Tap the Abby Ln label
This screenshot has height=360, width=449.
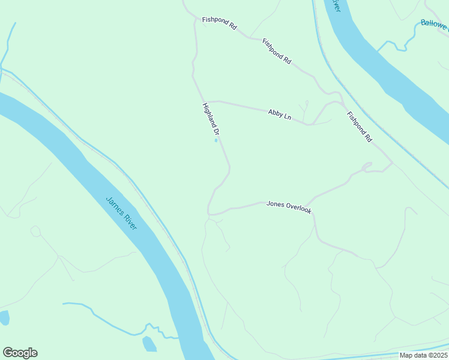pyautogui.click(x=280, y=115)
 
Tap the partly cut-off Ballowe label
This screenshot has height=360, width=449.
pyautogui.click(x=434, y=24)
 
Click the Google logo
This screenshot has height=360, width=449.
pyautogui.click(x=20, y=353)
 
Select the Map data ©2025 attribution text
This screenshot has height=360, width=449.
pyautogui.click(x=423, y=355)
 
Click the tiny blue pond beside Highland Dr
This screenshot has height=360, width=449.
pyautogui.click(x=216, y=141)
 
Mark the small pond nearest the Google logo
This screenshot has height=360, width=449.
pyautogui.click(x=149, y=344)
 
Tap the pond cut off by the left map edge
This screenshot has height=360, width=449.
pyautogui.click(x=4, y=317)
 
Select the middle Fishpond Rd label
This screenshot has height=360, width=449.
pyautogui.click(x=277, y=52)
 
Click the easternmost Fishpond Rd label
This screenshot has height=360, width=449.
pyautogui.click(x=359, y=126)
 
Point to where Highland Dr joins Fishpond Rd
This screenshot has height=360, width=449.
pyautogui.click(x=196, y=19)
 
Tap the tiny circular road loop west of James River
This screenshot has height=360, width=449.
pyautogui.click(x=35, y=231)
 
